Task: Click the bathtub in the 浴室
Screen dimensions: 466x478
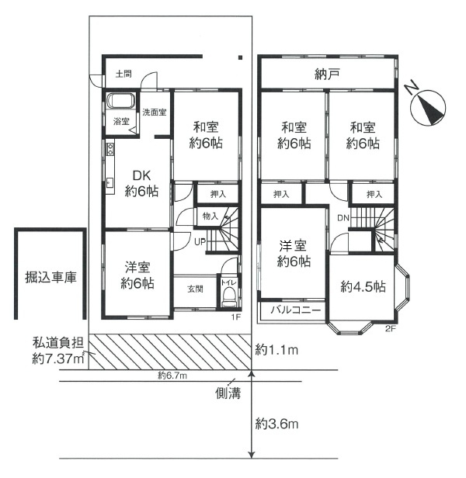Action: pyautogui.click(x=121, y=101)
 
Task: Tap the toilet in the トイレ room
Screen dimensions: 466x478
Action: pyautogui.click(x=229, y=297)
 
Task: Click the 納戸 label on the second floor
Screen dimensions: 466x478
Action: pyautogui.click(x=327, y=74)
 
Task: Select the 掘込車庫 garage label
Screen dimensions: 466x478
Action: pyautogui.click(x=50, y=278)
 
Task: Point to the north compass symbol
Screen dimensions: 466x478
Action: pyautogui.click(x=428, y=108)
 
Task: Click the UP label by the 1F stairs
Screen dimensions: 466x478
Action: pyautogui.click(x=200, y=242)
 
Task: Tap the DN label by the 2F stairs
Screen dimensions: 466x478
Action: pyautogui.click(x=343, y=217)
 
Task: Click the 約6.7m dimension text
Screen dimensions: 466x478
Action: pyautogui.click(x=172, y=376)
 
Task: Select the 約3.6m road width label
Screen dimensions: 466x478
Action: pyautogui.click(x=276, y=424)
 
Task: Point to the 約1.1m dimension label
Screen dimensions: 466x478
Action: pyautogui.click(x=276, y=350)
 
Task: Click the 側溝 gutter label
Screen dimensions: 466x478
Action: pyautogui.click(x=228, y=393)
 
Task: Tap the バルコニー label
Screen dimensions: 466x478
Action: pyautogui.click(x=296, y=310)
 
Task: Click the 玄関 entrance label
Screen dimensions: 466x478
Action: pyautogui.click(x=195, y=289)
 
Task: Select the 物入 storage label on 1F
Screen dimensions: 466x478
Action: pyautogui.click(x=210, y=216)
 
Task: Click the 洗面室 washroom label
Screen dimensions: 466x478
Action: pyautogui.click(x=155, y=112)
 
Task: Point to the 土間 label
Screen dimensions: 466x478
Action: pyautogui.click(x=123, y=74)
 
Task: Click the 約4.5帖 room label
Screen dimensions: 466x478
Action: pyautogui.click(x=363, y=286)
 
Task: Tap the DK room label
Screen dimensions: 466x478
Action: pyautogui.click(x=141, y=175)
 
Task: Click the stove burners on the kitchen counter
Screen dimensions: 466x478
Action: pyautogui.click(x=110, y=148)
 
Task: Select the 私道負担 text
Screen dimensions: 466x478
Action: pyautogui.click(x=58, y=343)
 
